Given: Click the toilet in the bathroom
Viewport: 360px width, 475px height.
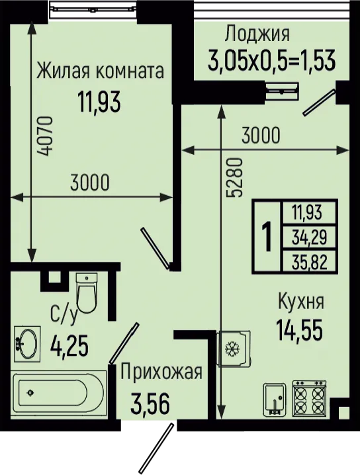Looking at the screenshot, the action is click(87, 292).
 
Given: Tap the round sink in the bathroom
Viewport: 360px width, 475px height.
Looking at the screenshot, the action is click(27, 344).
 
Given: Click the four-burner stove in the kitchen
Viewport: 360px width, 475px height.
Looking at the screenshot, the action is click(310, 397).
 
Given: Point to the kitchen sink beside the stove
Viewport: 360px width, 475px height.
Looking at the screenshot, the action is click(274, 399).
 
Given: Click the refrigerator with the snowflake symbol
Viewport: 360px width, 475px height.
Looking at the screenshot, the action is click(234, 349).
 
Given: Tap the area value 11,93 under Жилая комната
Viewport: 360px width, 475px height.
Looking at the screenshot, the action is click(99, 102).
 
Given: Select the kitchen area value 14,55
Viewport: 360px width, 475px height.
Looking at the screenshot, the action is click(299, 329).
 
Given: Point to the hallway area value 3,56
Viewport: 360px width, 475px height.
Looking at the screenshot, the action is click(150, 404).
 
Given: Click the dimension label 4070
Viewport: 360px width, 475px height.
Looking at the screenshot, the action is click(47, 136).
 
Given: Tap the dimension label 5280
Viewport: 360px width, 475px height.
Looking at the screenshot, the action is click(236, 177).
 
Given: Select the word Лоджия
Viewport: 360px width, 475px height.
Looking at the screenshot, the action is click(257, 34).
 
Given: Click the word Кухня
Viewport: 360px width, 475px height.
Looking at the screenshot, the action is click(301, 302).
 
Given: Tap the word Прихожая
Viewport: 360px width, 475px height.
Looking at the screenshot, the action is click(161, 371).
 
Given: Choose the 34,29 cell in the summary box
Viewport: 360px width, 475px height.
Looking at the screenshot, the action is click(309, 237).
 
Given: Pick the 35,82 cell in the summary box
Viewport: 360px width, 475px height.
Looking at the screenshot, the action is click(309, 261).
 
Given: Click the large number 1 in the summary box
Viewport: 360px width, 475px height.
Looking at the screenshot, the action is click(267, 236).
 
